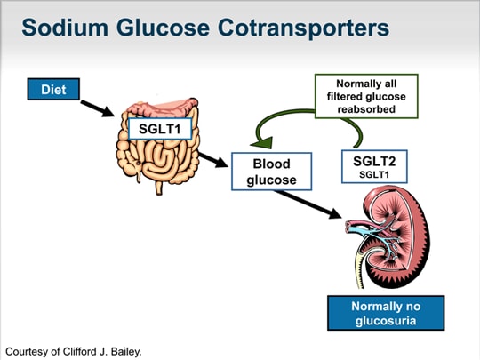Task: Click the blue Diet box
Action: [x=53, y=89]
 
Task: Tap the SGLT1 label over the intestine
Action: [x=160, y=129]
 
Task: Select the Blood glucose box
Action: [x=271, y=172]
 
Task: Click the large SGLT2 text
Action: [x=374, y=161]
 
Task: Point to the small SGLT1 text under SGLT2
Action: [x=374, y=175]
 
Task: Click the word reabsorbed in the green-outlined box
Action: [x=366, y=109]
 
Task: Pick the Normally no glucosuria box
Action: [x=386, y=313]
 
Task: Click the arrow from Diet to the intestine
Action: [x=98, y=108]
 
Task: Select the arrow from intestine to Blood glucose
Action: [x=213, y=160]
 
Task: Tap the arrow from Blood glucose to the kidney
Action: [x=308, y=204]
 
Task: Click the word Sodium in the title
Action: [x=65, y=28]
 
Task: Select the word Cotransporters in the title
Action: [x=303, y=28]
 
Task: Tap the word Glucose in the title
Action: [x=163, y=28]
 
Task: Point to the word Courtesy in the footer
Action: [x=26, y=352]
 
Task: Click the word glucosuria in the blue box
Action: [x=386, y=321]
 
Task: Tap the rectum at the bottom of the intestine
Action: [x=159, y=188]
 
